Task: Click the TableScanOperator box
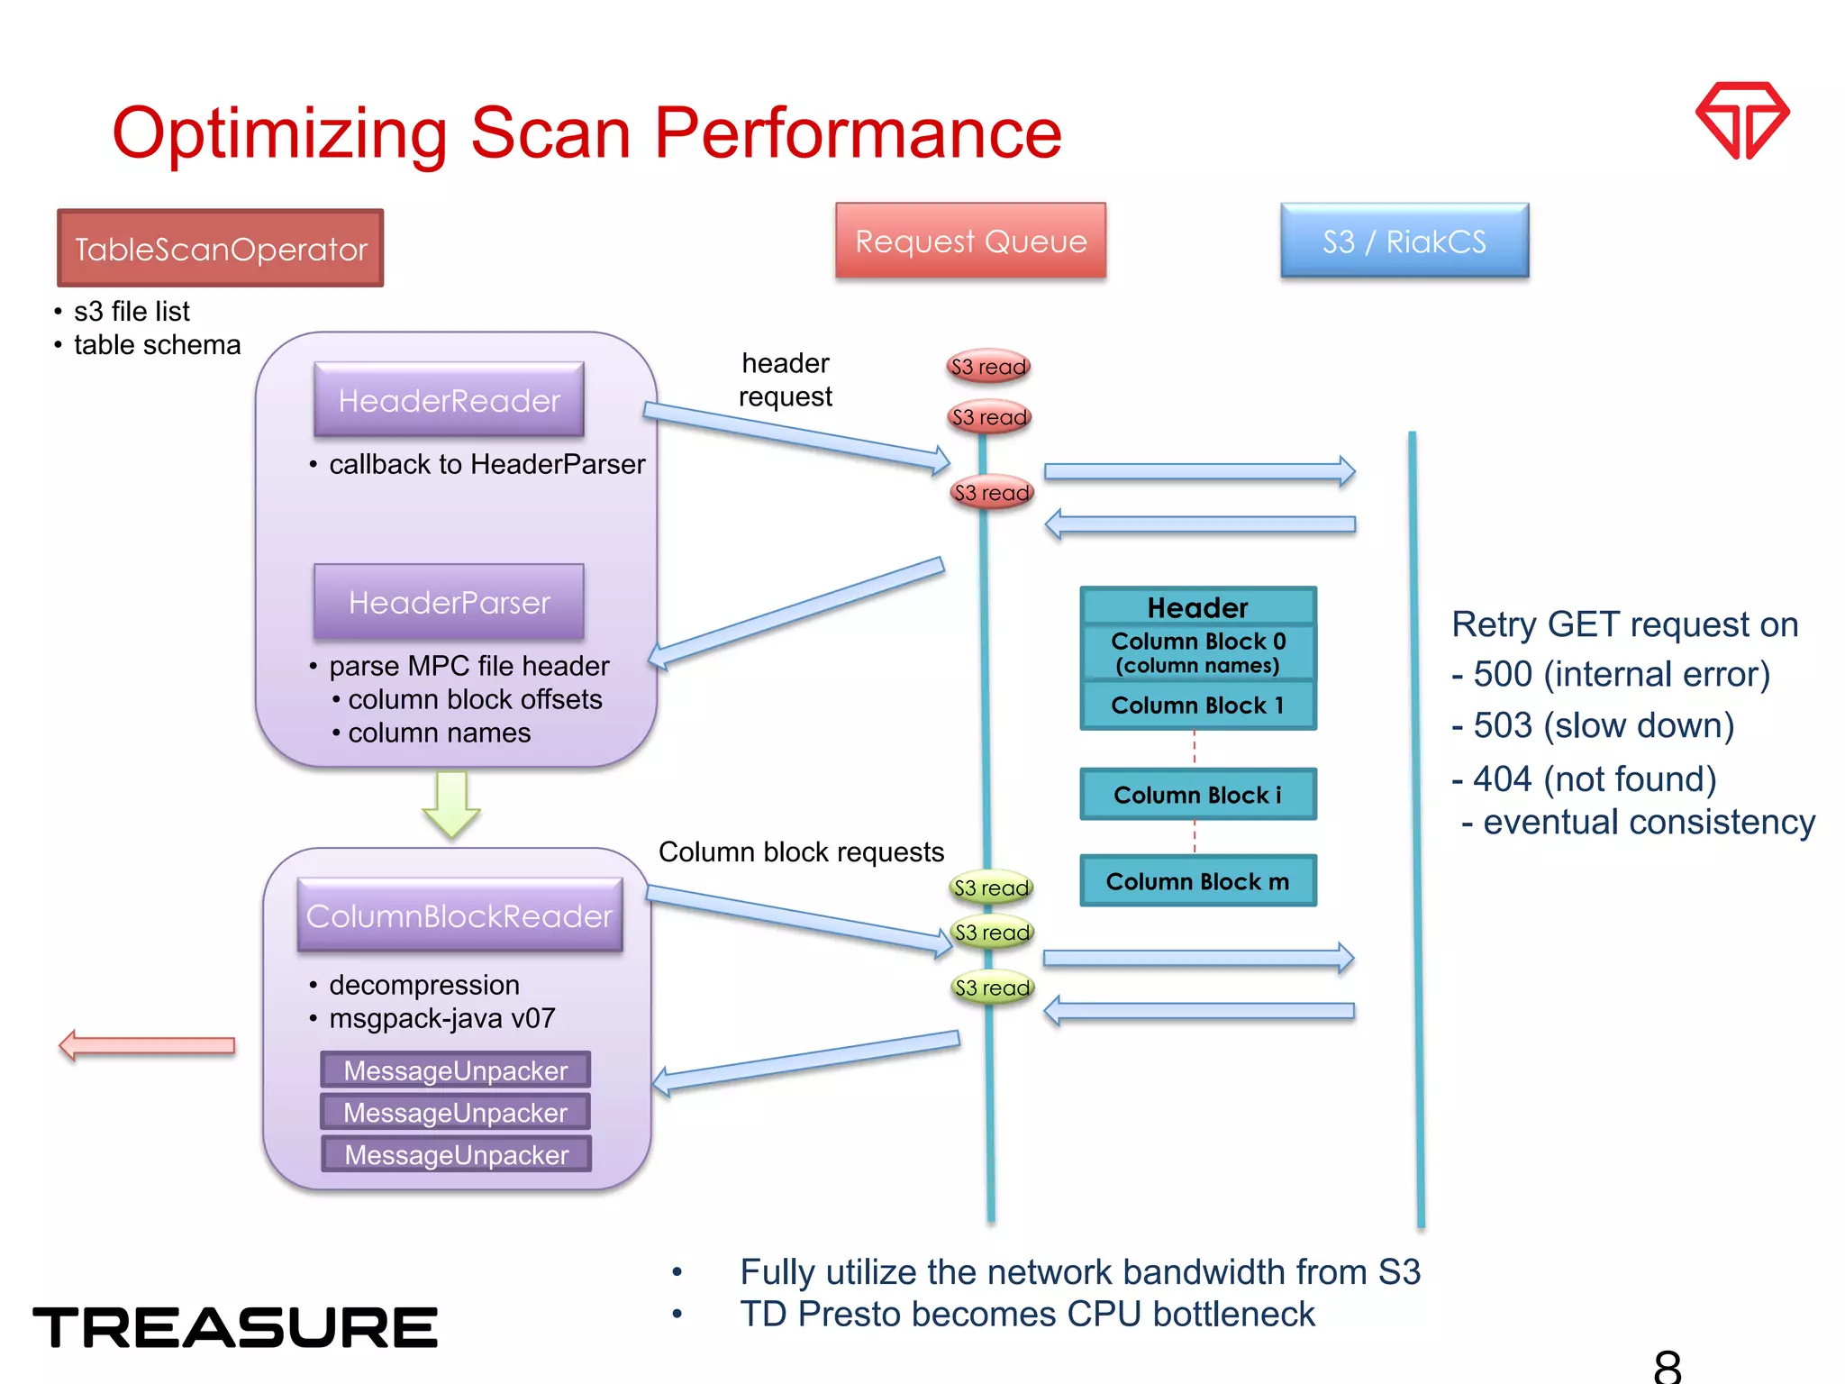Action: tap(221, 249)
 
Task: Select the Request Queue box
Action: tap(970, 241)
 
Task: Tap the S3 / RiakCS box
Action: tap(1404, 241)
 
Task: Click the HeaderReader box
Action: tap(449, 400)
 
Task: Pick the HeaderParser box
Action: tap(449, 602)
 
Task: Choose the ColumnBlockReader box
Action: tap(459, 915)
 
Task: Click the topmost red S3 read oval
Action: tap(988, 367)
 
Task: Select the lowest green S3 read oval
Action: tap(992, 988)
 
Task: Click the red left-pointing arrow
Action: tap(147, 1045)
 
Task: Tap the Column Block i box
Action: tap(1197, 795)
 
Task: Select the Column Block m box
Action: tap(1197, 881)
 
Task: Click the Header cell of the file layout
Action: tap(1197, 607)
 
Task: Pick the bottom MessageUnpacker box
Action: tap(456, 1154)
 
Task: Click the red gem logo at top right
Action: tap(1742, 120)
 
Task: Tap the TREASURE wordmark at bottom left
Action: tap(235, 1327)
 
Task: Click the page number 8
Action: tap(1667, 1366)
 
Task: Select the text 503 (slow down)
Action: tap(1603, 725)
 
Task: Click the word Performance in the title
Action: tap(858, 133)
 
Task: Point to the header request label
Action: tap(785, 379)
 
